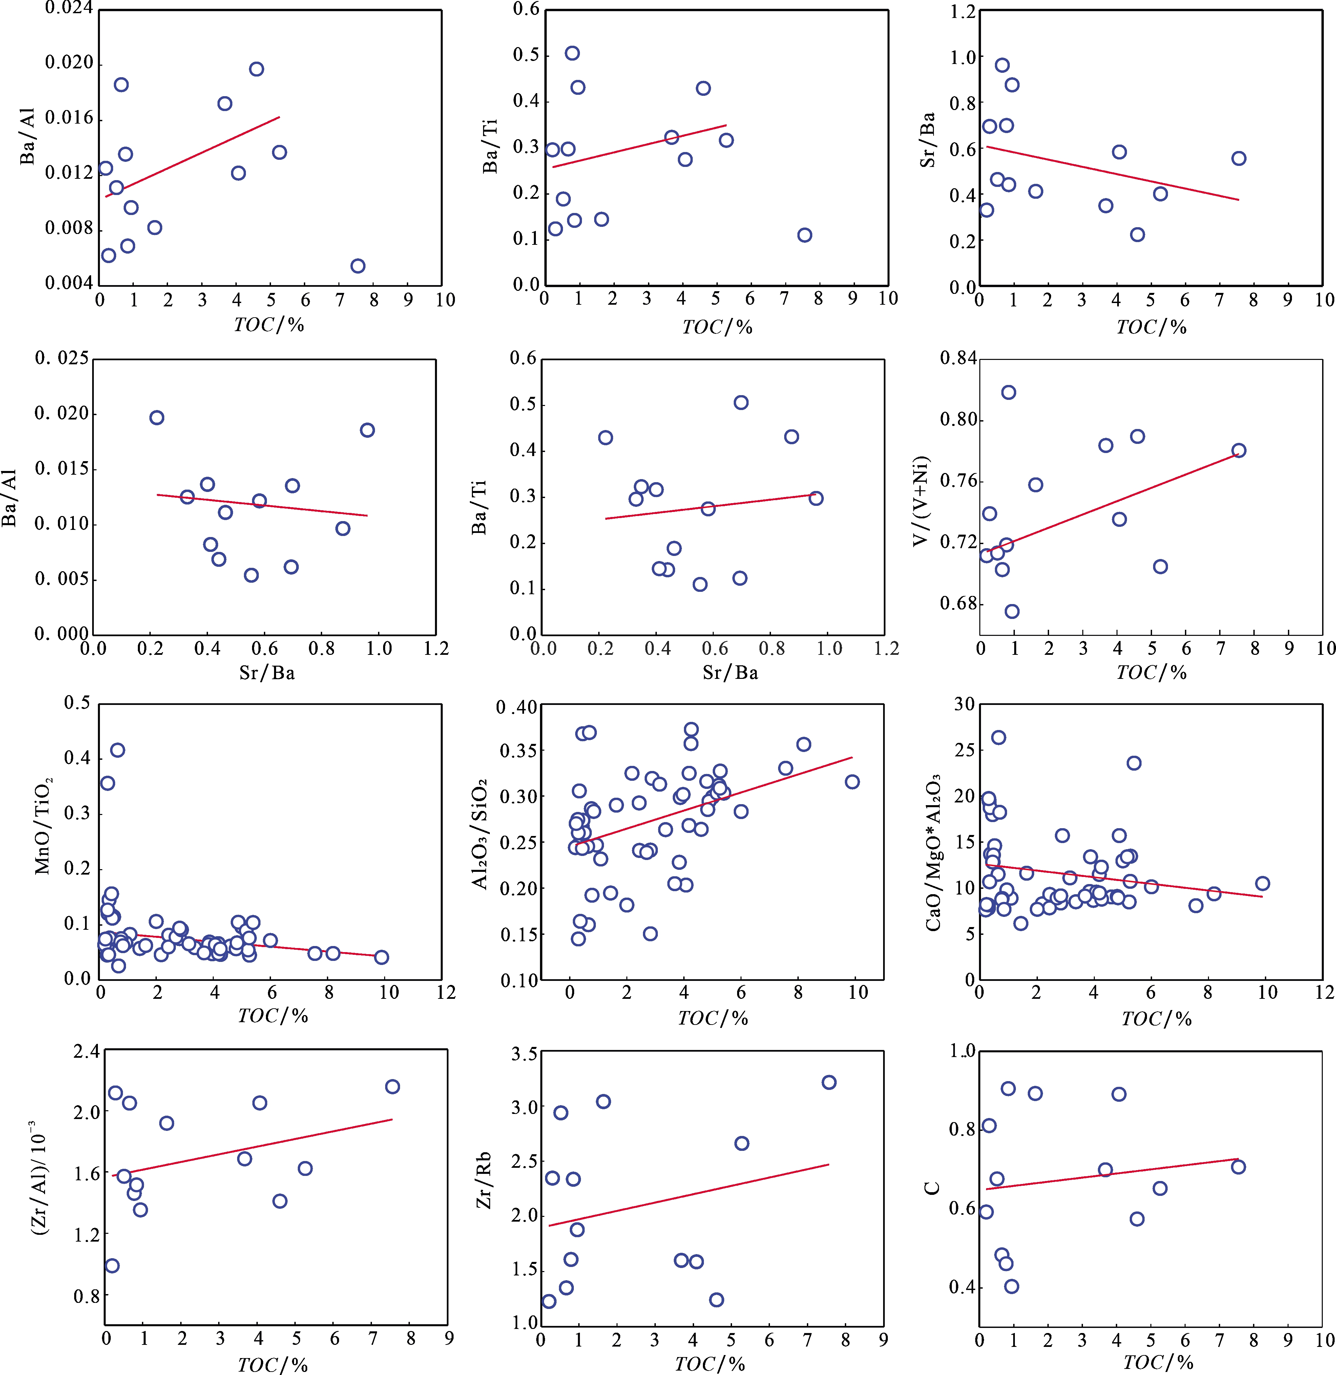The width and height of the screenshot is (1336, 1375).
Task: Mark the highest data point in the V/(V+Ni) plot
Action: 1008,392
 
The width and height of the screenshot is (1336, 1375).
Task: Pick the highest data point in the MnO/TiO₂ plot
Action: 118,750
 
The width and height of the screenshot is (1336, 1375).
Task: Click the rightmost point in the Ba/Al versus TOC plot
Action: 358,266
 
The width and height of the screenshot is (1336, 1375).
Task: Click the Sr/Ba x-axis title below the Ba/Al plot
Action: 267,673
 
